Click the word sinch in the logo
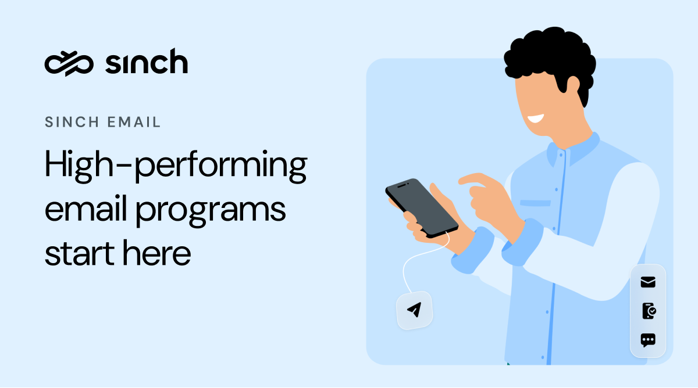146,62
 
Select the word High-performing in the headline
175,166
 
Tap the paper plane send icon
414,310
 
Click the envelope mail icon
648,282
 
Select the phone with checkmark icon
648,311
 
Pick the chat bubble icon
648,340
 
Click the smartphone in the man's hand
422,207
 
